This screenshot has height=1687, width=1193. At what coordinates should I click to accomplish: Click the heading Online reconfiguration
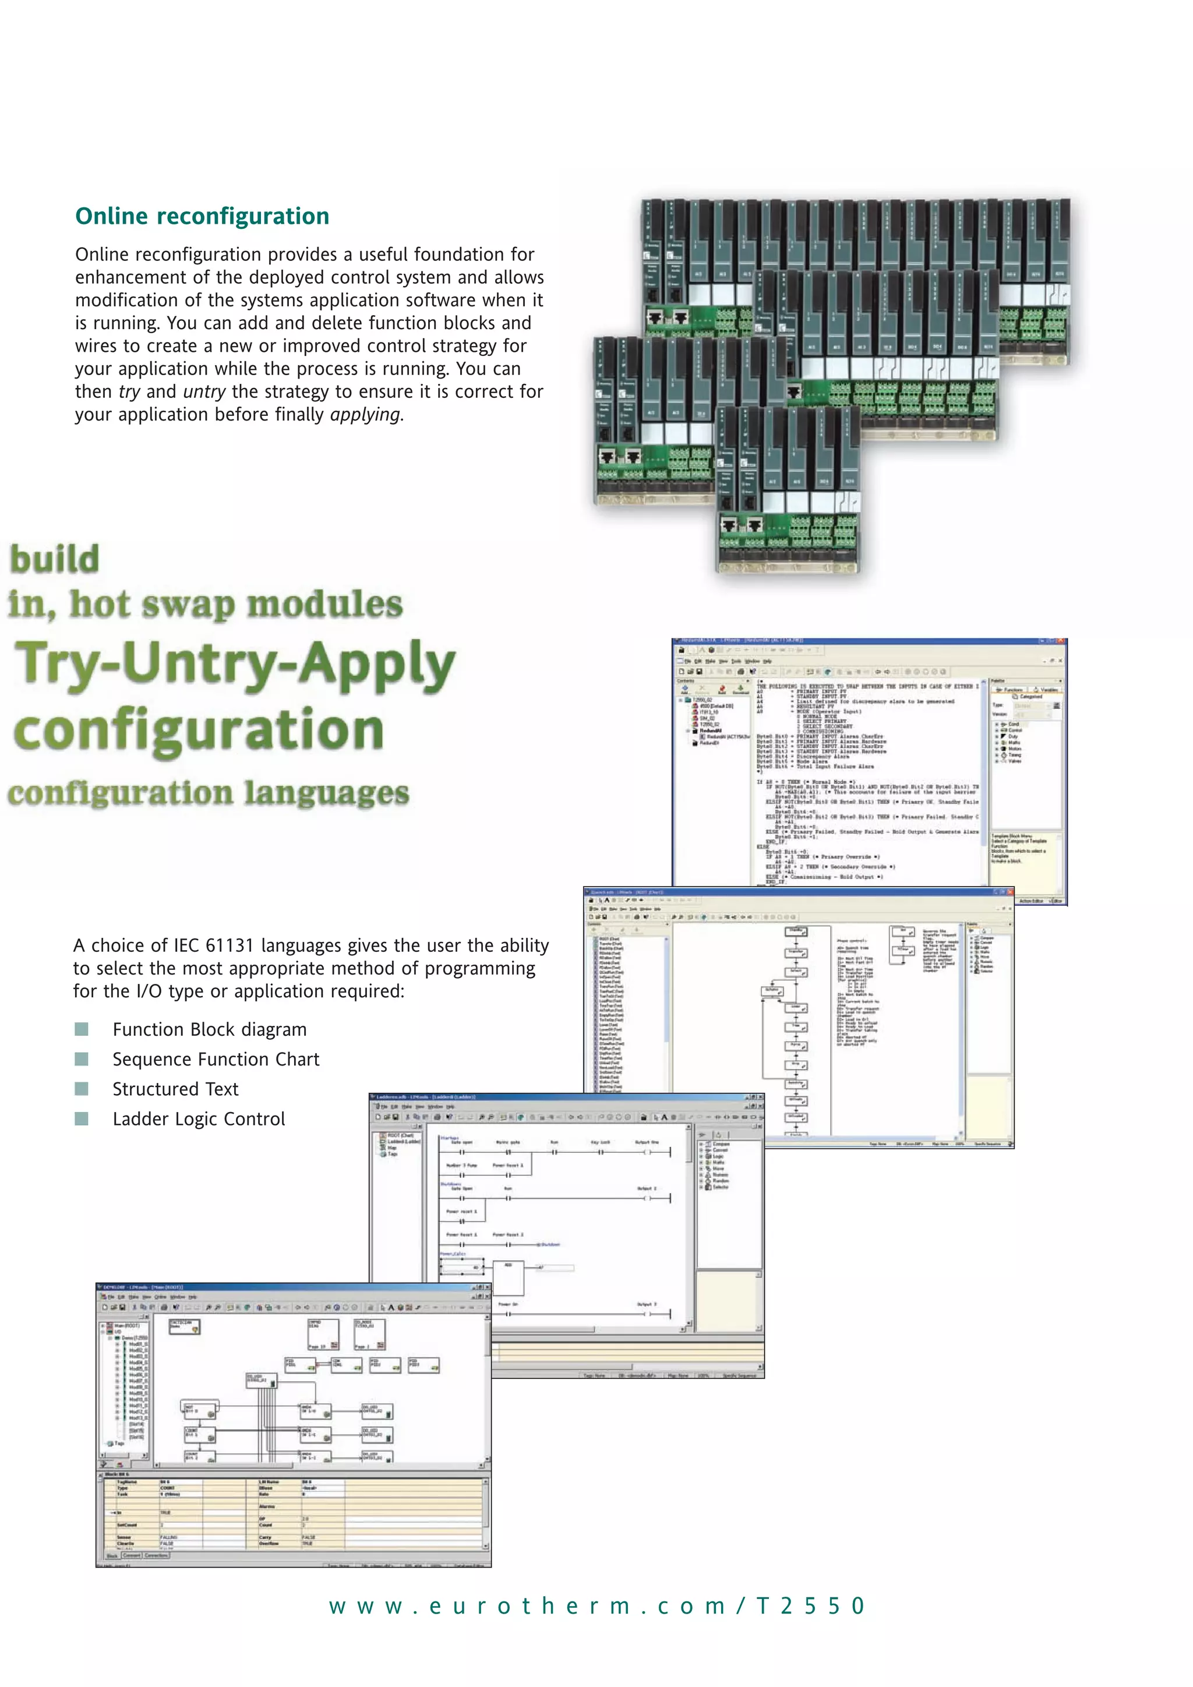tap(202, 216)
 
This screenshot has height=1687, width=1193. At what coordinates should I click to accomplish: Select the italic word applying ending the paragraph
tap(365, 415)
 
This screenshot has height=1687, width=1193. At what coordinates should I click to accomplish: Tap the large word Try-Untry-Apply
tap(235, 663)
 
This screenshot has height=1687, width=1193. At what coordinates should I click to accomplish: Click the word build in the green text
tap(54, 560)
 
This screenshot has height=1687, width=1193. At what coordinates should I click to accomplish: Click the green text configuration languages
tap(208, 793)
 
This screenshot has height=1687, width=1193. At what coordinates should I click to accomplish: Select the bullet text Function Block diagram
tap(209, 1030)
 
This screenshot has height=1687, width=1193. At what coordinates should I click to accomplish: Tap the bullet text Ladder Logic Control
tap(198, 1120)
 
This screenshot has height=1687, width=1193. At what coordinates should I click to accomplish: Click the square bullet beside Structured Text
tap(82, 1089)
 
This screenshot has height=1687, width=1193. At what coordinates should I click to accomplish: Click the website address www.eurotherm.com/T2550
tap(596, 1606)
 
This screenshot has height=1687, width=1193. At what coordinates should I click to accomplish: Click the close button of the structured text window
tap(1061, 641)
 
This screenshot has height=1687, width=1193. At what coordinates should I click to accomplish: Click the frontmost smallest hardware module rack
tap(788, 492)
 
